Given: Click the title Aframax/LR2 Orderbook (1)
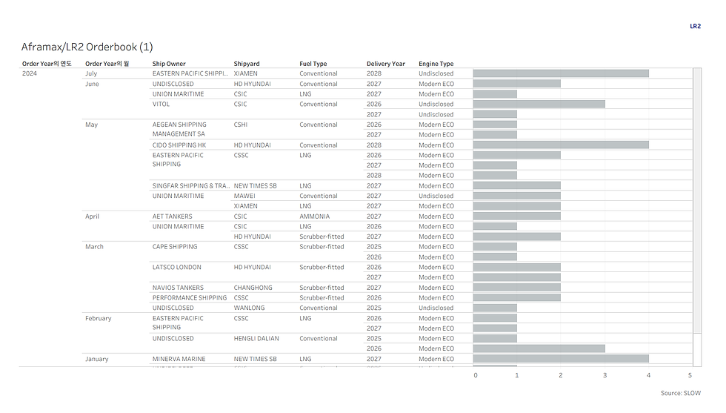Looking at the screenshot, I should (87, 47).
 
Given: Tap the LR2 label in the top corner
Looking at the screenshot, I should (695, 26).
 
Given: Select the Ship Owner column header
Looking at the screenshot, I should (169, 64).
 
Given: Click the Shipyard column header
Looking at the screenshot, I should (247, 64).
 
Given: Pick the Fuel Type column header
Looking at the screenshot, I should (313, 64).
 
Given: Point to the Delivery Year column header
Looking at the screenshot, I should (386, 64).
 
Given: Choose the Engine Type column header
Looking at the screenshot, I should (436, 64).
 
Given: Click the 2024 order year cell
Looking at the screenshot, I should (30, 73).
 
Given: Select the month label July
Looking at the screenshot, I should (91, 73).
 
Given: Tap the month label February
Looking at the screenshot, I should (98, 318).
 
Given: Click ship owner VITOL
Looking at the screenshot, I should (161, 105).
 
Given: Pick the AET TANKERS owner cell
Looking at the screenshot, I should (172, 217).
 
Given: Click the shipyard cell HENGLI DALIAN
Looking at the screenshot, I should (256, 339).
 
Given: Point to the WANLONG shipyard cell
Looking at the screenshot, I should (249, 308).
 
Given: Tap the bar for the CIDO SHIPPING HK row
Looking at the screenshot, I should (561, 145).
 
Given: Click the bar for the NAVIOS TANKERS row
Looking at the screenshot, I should (517, 288).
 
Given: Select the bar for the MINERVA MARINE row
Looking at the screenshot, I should (561, 359).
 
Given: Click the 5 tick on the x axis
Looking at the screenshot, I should (690, 375).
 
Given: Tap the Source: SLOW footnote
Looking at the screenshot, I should (680, 393).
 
